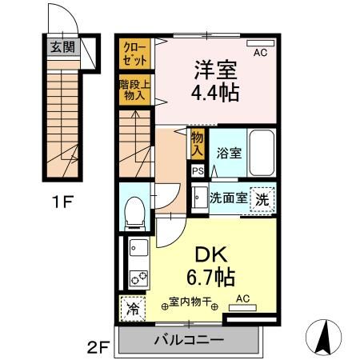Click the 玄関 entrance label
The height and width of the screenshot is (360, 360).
[63, 47]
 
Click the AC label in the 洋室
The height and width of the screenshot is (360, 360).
[260, 53]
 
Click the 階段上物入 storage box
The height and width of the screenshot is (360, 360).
[133, 90]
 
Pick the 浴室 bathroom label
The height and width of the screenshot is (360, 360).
[230, 153]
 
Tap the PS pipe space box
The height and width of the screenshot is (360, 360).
[197, 170]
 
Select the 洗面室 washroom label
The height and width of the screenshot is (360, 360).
[228, 197]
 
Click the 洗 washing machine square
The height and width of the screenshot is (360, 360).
[262, 198]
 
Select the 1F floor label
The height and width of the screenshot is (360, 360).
[63, 202]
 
